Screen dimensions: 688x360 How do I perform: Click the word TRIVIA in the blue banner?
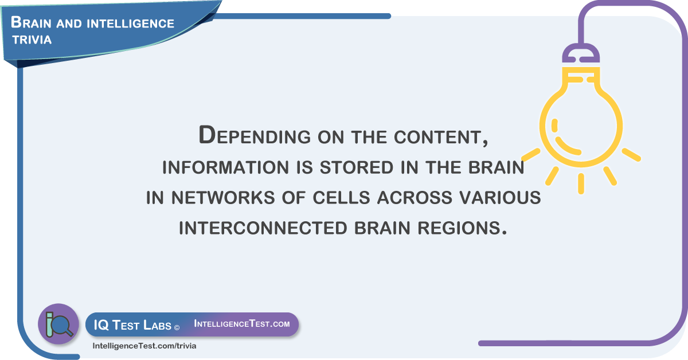coord(32,40)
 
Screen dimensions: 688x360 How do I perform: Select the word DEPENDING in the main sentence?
coord(255,135)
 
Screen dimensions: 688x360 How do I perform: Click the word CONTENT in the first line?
coord(441,138)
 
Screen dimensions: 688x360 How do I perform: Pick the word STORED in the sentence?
coord(357,167)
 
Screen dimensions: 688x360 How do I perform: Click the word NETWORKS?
coord(223,198)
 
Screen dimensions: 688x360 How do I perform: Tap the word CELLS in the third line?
coord(341,198)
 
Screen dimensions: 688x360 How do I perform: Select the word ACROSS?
coord(415,198)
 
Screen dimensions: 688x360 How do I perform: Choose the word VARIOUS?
coord(500,198)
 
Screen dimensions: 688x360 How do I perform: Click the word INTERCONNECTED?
coord(263,228)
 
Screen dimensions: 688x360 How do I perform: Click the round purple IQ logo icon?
coord(58,324)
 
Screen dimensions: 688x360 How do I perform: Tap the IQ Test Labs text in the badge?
coord(132,325)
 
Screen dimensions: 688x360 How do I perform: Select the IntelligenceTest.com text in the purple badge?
coord(242,323)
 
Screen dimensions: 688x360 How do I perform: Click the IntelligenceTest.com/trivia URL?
coord(144,346)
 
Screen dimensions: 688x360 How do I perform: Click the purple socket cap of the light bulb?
coord(581,53)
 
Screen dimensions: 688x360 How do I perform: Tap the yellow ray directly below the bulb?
coord(581,183)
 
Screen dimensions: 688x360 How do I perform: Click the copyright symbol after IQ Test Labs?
coord(177,328)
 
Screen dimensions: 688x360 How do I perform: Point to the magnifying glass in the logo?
coord(62,326)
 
